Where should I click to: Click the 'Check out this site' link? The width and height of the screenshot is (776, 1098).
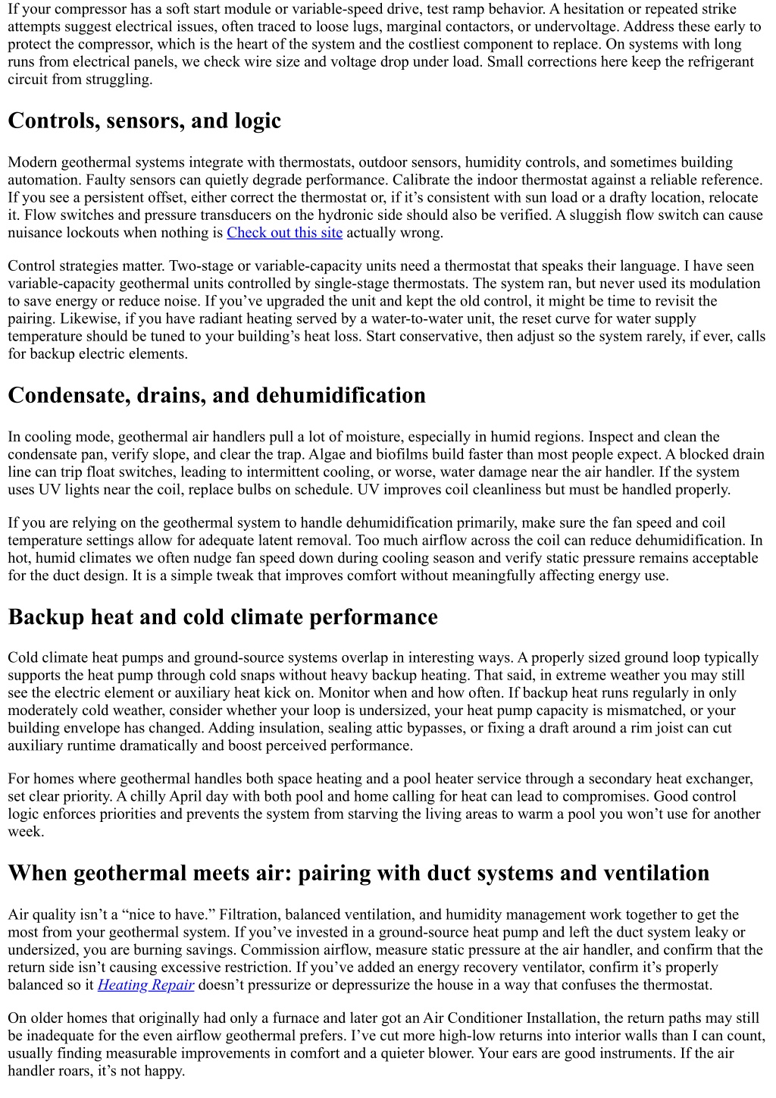pyautogui.click(x=284, y=233)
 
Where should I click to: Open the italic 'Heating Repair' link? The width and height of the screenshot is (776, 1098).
pyautogui.click(x=145, y=985)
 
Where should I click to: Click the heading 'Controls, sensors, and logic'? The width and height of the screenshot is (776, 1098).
pyautogui.click(x=144, y=121)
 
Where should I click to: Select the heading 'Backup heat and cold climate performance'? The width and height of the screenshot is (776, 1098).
pyautogui.click(x=223, y=617)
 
